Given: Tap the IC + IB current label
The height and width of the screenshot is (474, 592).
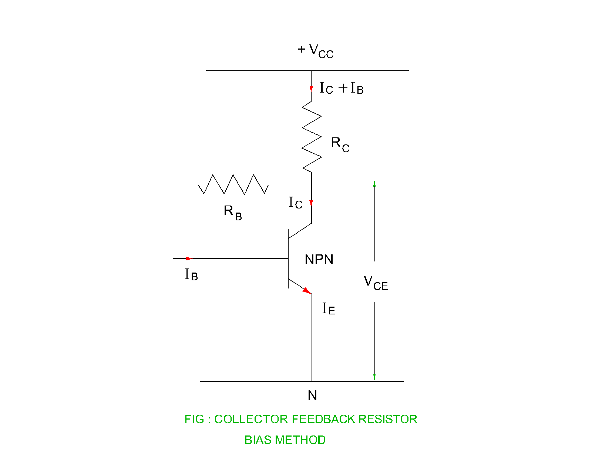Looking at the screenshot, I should pyautogui.click(x=341, y=89).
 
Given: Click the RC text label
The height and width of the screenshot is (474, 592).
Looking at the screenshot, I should pyautogui.click(x=340, y=144).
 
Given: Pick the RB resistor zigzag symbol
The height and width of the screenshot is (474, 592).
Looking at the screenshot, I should pyautogui.click(x=233, y=184).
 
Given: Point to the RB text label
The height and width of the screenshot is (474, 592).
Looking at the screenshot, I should pyautogui.click(x=232, y=213).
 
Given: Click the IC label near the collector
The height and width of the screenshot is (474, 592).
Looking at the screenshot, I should pyautogui.click(x=295, y=203).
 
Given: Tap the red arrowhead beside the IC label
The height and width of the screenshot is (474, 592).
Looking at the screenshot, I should pyautogui.click(x=311, y=203).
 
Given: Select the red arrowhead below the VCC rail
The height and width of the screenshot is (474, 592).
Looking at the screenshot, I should pyautogui.click(x=311, y=89).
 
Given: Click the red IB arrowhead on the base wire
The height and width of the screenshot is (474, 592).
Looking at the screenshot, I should pyautogui.click(x=189, y=258).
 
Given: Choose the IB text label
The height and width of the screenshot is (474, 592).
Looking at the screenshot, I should pyautogui.click(x=191, y=275).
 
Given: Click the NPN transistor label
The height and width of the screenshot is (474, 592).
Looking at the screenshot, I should pyautogui.click(x=319, y=260).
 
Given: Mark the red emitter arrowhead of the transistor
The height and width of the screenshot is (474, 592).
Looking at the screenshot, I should pyautogui.click(x=307, y=291).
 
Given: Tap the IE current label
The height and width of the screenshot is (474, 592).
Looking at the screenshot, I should pyautogui.click(x=328, y=309).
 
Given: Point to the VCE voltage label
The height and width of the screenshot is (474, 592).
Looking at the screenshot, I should pyautogui.click(x=376, y=283).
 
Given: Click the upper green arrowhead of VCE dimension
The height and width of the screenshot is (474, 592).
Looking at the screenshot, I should pyautogui.click(x=374, y=183).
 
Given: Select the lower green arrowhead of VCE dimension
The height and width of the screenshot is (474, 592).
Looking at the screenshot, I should pyautogui.click(x=374, y=377).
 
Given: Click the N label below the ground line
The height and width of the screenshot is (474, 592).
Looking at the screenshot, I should pyautogui.click(x=312, y=395).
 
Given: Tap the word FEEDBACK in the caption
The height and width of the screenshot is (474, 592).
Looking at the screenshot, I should pyautogui.click(x=323, y=419).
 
